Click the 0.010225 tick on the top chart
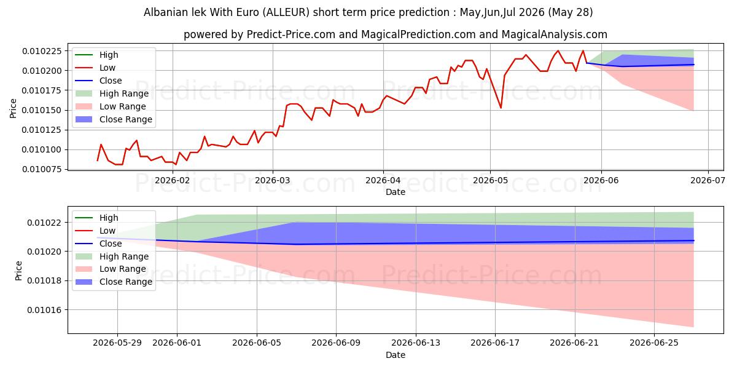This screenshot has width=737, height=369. [x=42, y=51]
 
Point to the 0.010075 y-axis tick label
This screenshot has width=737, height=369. [x=42, y=169]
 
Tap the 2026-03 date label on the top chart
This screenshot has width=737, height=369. [x=273, y=181]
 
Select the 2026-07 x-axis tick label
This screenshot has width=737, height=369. [x=708, y=181]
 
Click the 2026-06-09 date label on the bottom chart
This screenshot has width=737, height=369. [x=336, y=343]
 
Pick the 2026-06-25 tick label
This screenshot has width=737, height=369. [x=654, y=343]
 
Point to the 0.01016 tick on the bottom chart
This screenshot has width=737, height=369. [x=44, y=310]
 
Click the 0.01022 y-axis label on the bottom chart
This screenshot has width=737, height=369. [x=44, y=223]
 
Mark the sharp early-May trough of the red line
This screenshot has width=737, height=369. [x=501, y=108]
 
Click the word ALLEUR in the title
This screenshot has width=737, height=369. [x=286, y=12]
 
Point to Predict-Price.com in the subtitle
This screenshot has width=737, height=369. [x=291, y=34]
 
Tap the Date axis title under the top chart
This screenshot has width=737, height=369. [x=396, y=192]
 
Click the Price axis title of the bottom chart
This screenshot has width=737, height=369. [x=18, y=271]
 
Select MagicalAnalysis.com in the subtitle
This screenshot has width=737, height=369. [x=555, y=34]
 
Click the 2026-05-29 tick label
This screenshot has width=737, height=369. [x=117, y=343]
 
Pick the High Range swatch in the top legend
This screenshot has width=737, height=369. [x=84, y=93]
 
